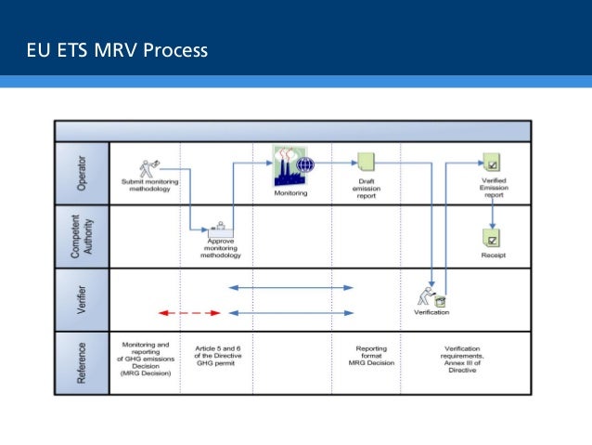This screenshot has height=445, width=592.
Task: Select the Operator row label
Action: click(x=82, y=174)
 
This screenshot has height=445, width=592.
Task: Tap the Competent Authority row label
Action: click(x=82, y=236)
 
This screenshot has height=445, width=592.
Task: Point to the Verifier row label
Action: click(x=82, y=300)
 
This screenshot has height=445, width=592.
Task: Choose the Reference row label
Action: click(x=82, y=362)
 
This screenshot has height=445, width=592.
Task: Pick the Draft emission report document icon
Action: click(x=366, y=161)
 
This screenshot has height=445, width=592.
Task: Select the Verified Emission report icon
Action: click(x=493, y=162)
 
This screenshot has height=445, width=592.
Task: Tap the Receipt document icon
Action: click(x=492, y=237)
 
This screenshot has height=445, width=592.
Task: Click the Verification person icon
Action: click(x=431, y=296)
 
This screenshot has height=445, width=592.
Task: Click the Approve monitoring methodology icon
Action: click(x=220, y=229)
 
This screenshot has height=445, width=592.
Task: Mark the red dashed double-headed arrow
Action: click(x=189, y=313)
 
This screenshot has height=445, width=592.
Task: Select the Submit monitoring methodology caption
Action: click(x=150, y=185)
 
